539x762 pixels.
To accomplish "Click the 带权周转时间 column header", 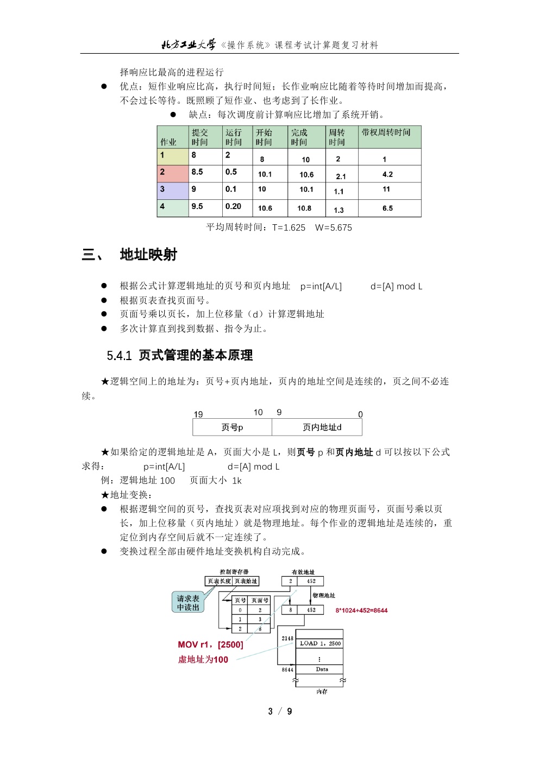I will [x=386, y=133].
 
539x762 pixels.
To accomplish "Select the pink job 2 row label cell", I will [x=173, y=173].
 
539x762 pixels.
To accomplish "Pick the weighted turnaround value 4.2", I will [x=387, y=174].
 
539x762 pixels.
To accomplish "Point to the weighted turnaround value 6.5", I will [x=387, y=209].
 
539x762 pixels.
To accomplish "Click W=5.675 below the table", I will [x=334, y=228].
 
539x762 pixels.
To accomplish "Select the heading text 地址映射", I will [x=148, y=255].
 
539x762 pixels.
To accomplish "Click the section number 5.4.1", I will [x=119, y=356].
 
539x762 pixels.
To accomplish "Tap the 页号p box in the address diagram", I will [x=232, y=427].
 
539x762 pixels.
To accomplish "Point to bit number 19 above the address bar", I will [x=198, y=414].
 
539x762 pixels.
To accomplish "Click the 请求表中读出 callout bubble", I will [x=188, y=603].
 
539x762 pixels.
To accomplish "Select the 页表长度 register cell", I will [x=219, y=581].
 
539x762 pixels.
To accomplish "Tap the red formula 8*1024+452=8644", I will [x=361, y=610].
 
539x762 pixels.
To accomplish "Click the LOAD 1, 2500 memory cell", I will [x=319, y=644].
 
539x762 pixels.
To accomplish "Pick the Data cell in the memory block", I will [x=322, y=669].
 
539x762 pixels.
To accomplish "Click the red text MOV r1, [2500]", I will [x=210, y=645].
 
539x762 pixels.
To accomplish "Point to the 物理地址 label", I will [x=324, y=595].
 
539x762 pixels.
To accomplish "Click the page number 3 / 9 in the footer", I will [x=280, y=711].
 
